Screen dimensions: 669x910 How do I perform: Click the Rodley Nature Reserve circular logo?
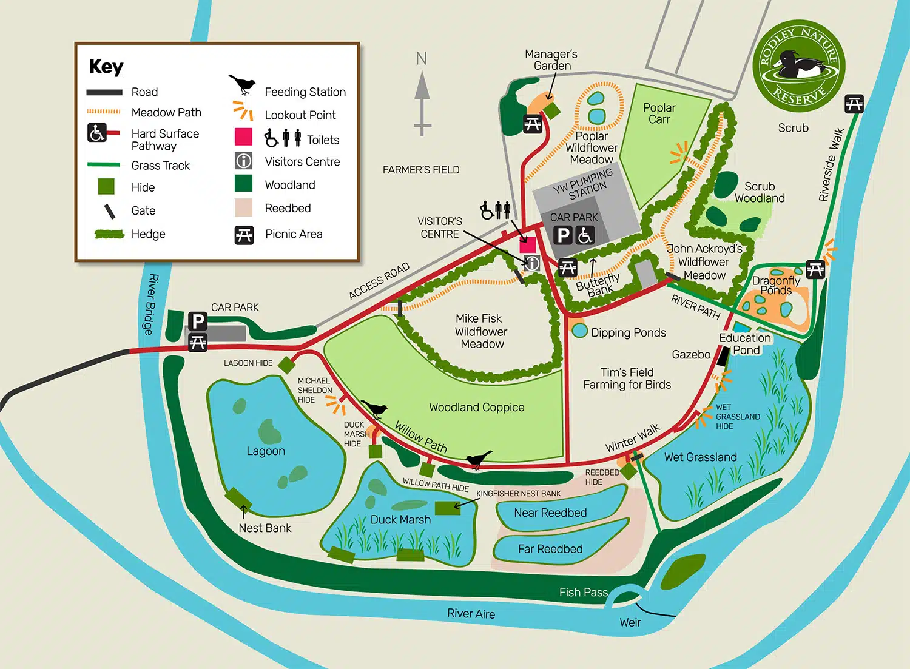(x=799, y=67)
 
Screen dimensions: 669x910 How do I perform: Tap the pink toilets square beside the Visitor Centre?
(x=528, y=244)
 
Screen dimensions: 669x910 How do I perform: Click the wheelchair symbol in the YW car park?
(x=585, y=235)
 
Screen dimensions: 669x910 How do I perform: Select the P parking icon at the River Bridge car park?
(x=198, y=321)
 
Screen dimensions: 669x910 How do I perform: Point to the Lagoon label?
(x=266, y=451)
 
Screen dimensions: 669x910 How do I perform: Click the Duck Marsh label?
(x=400, y=520)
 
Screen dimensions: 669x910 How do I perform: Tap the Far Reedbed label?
(x=550, y=549)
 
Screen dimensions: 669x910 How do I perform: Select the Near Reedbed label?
(x=550, y=513)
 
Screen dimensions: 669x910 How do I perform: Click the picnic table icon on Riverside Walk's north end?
(x=854, y=104)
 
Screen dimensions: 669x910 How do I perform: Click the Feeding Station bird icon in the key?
(x=242, y=85)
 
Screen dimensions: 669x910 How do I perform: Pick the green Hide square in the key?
(x=106, y=186)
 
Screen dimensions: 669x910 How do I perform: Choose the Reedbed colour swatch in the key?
(x=243, y=208)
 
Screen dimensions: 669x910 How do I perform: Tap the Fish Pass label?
(x=583, y=593)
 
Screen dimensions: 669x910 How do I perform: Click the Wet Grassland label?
(x=701, y=457)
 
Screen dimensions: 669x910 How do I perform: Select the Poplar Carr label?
(x=659, y=113)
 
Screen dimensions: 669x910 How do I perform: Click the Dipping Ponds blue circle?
(x=580, y=331)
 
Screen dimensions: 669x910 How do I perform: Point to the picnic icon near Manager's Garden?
(x=533, y=124)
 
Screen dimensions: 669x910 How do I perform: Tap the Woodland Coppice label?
(x=476, y=408)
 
